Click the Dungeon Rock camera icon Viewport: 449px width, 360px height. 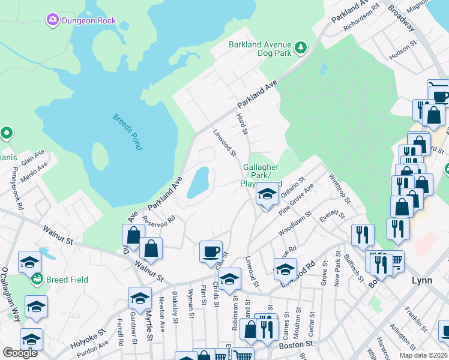53,21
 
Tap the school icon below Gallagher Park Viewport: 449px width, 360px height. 268,194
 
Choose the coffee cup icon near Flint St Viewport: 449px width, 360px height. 211,251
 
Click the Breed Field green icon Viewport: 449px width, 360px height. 37,279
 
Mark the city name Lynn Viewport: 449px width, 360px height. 422,280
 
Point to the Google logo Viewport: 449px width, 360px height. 20,352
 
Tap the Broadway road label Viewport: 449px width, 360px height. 402,18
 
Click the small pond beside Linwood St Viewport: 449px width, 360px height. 197,182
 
